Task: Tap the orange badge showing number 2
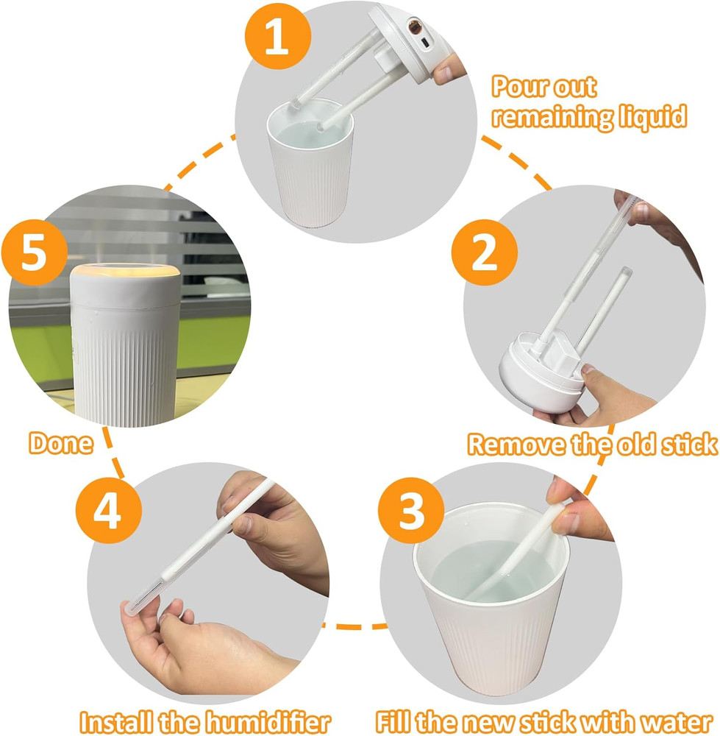[483, 255]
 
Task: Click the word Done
[61, 443]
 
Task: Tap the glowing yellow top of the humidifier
[125, 274]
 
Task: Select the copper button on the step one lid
[415, 28]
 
